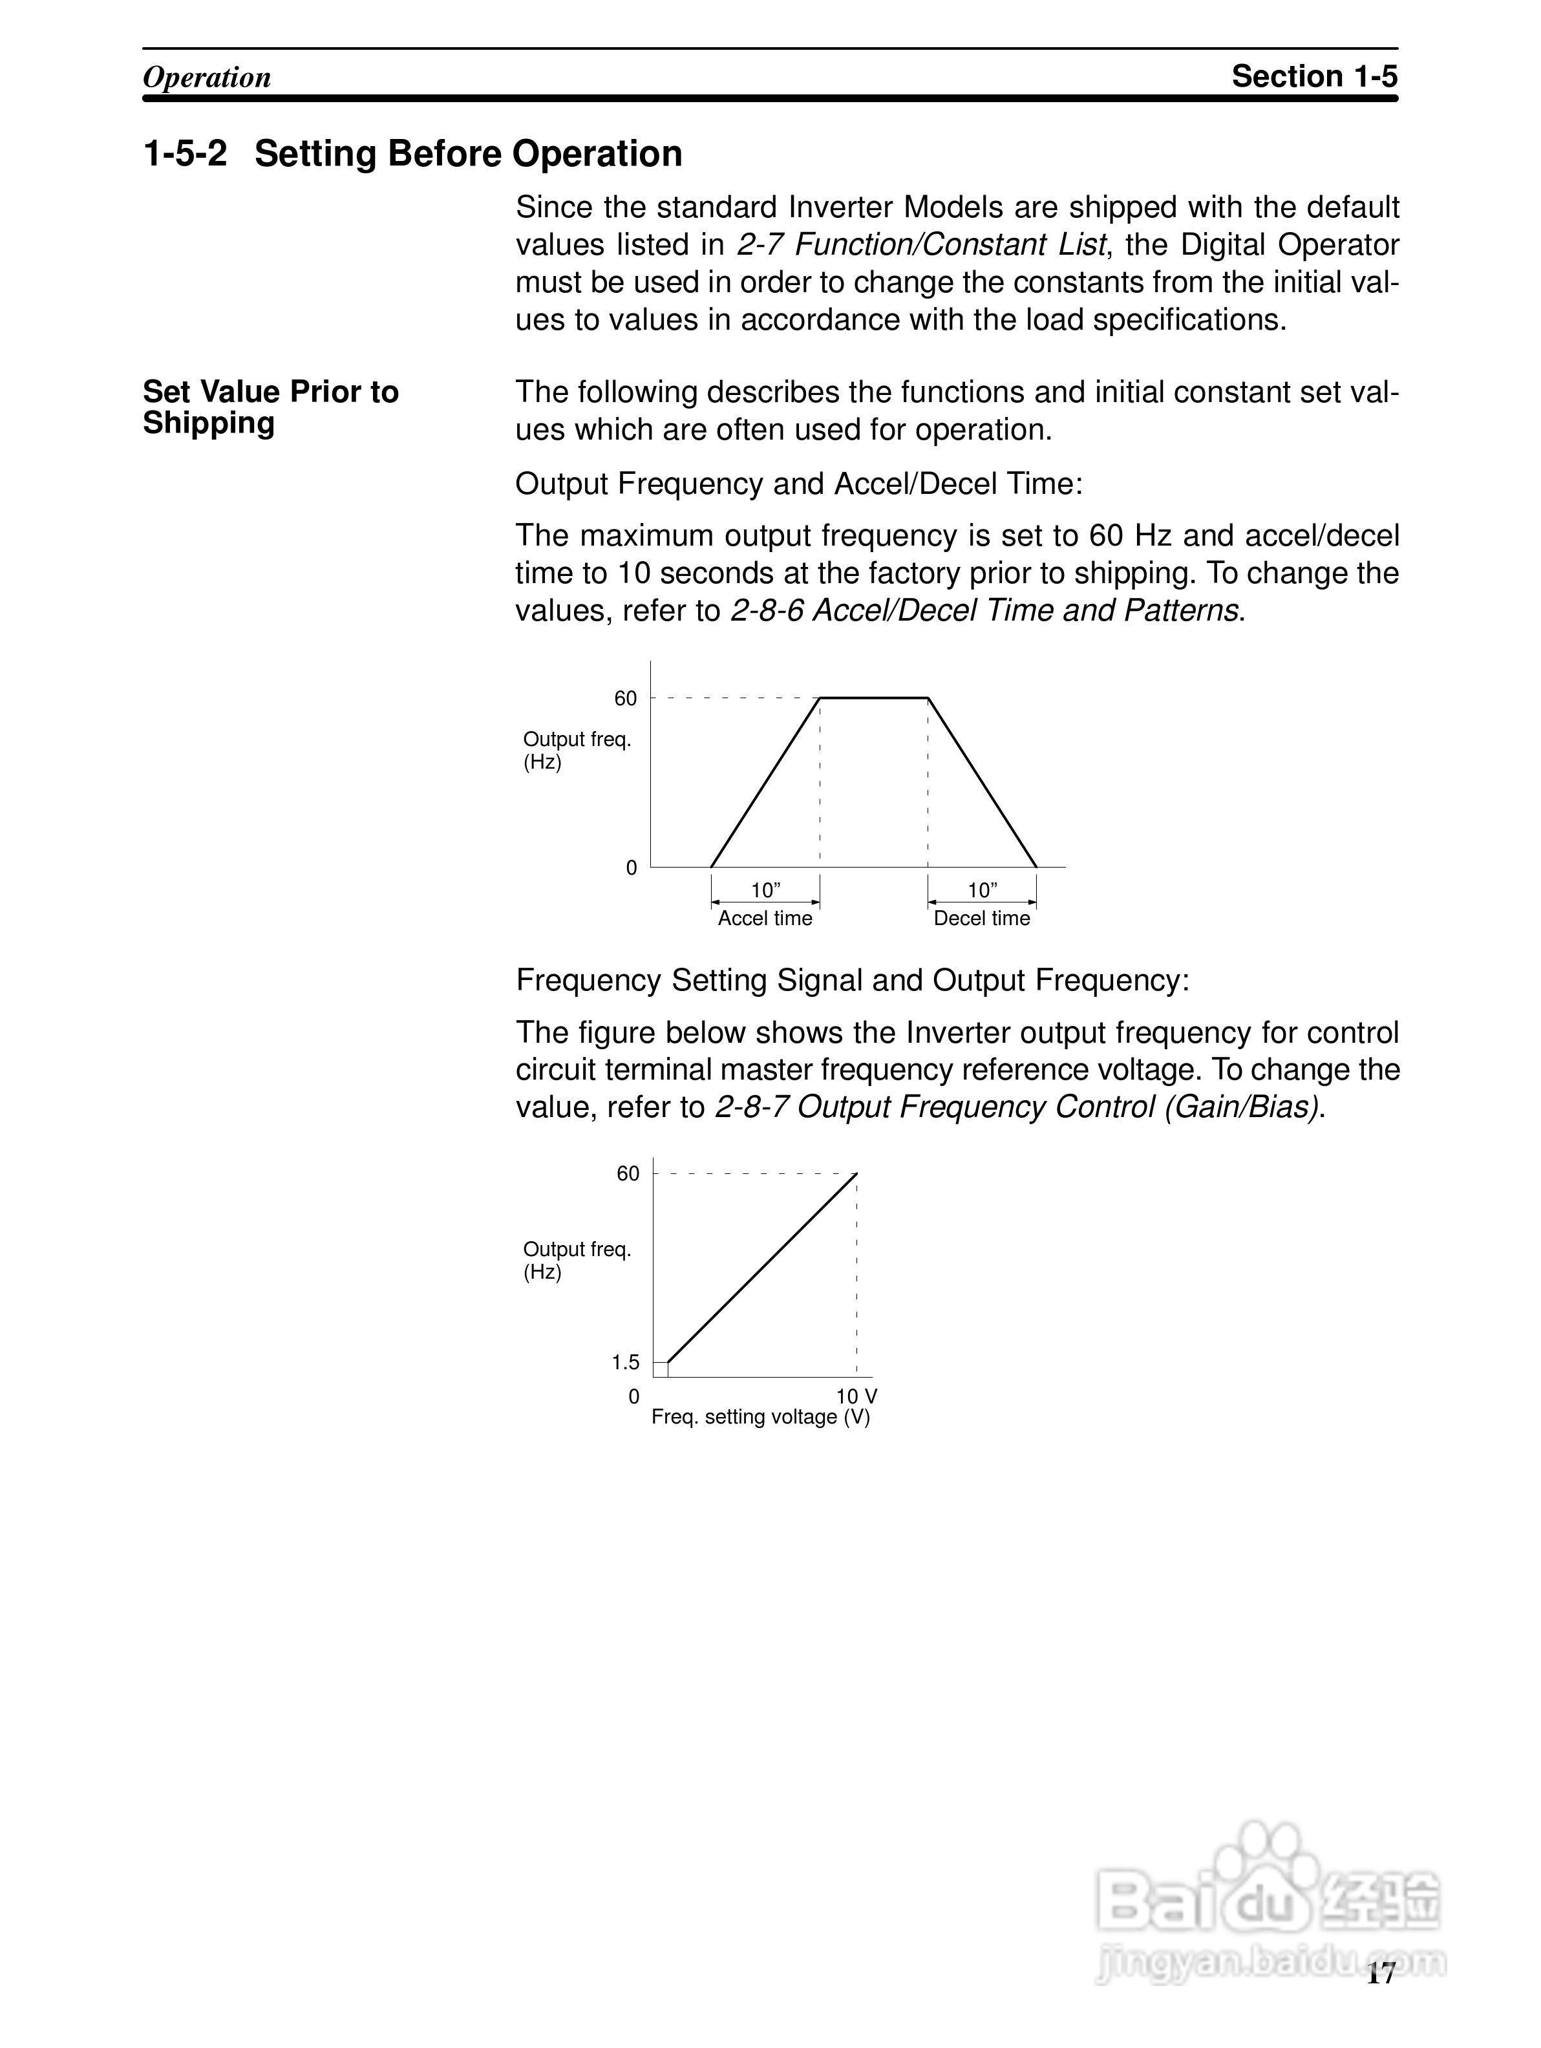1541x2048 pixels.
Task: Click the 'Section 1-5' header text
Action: coord(1313,76)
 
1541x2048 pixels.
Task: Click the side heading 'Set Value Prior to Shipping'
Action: coord(270,407)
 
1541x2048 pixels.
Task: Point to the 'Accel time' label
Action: coord(765,919)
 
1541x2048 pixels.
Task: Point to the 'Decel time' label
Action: coord(981,919)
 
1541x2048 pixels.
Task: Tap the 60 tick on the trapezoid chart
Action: coord(626,699)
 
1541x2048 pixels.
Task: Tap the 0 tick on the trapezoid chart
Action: coord(632,868)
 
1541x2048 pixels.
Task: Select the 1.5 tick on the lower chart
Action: coord(626,1362)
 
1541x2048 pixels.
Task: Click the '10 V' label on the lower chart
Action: coord(856,1396)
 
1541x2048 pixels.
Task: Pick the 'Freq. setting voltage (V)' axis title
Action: coord(761,1416)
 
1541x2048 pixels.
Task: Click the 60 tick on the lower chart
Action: coord(628,1174)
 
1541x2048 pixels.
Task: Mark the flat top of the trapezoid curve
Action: coord(874,698)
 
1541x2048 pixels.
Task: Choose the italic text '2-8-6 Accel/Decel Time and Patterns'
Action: coord(984,611)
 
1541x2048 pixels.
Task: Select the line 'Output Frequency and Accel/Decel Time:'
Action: coord(798,484)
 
